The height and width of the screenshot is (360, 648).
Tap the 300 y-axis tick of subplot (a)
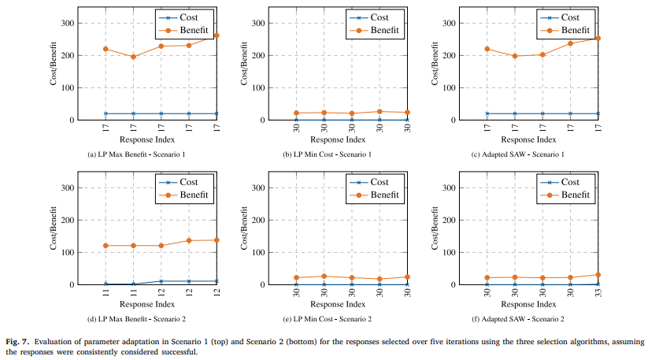pyautogui.click(x=69, y=23)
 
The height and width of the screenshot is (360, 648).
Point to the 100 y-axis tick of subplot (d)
pyautogui.click(x=69, y=253)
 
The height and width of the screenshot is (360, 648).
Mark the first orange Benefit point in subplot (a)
pyautogui.click(x=106, y=49)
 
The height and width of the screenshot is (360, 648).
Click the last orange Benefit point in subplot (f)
pyautogui.click(x=598, y=275)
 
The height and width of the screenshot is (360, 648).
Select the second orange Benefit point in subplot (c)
pyautogui.click(x=515, y=56)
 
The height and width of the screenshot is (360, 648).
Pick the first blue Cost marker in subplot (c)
pyautogui.click(x=487, y=113)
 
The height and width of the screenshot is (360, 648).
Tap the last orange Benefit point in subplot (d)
pyautogui.click(x=216, y=240)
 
